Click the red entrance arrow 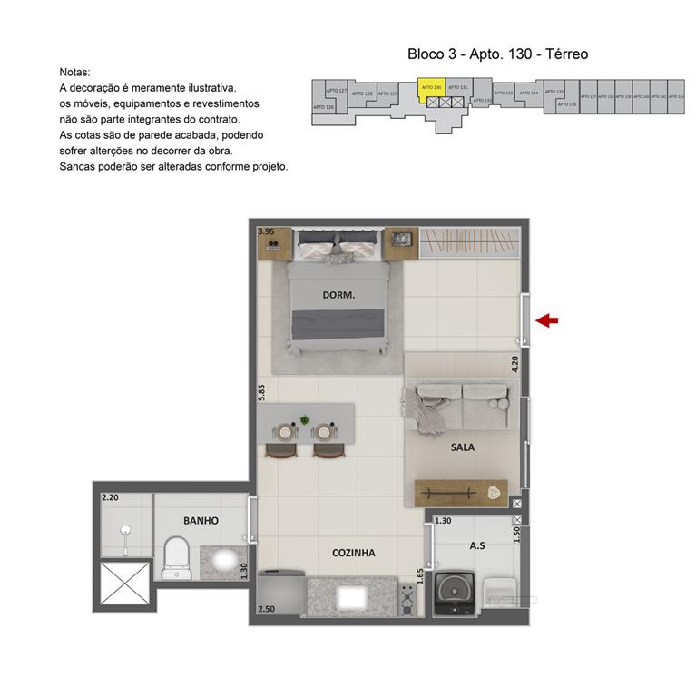[x=547, y=319]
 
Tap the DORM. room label [x=338, y=295]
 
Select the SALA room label [x=463, y=447]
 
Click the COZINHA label [x=353, y=552]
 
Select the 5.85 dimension [x=262, y=392]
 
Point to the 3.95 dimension [x=266, y=232]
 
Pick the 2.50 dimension [x=266, y=609]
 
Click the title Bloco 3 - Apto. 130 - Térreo [x=497, y=54]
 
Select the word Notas [x=75, y=71]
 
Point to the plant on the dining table [x=305, y=419]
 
